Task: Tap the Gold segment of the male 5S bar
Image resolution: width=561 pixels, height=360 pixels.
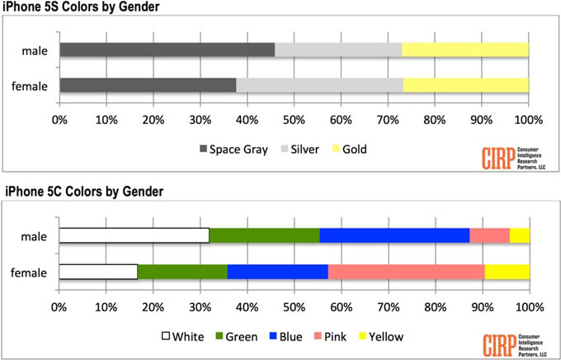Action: coord(464,50)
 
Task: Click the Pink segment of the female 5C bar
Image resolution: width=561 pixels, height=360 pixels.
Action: coord(406,271)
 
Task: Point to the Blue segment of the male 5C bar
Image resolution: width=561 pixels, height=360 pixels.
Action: coord(394,235)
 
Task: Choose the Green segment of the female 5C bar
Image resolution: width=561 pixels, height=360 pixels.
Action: coord(182,271)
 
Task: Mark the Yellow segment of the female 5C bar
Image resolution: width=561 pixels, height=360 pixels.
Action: coord(507,271)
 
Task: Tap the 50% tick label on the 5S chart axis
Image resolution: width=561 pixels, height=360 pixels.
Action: coord(294,120)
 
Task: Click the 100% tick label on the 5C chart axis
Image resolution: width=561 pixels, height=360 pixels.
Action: coord(528,306)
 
